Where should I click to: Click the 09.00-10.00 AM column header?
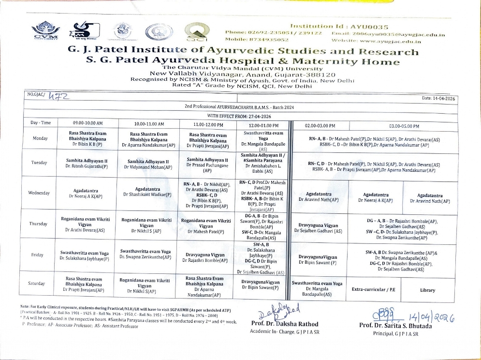point(88,125)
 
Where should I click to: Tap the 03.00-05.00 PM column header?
point(404,126)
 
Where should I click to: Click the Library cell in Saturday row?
point(428,290)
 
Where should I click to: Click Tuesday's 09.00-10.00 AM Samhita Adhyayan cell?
point(88,163)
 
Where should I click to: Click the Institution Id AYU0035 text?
point(339,27)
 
